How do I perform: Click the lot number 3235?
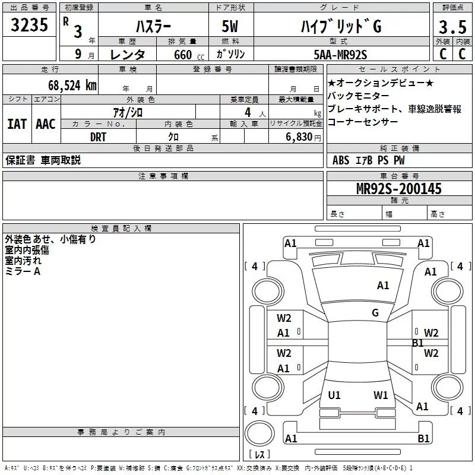coord(29,25)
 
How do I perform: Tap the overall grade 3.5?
coord(452,27)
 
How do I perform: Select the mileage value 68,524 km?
coord(72,85)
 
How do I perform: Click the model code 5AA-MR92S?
coord(340,55)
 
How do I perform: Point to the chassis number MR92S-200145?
coord(399,189)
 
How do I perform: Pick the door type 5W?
coord(230,26)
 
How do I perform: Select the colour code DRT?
coord(98,137)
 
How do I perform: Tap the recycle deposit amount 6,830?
coord(299,137)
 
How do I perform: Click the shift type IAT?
coord(17,124)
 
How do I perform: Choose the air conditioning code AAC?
coord(46,124)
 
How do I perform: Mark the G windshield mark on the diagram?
coord(375,313)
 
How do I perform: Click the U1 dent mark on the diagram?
coord(334,395)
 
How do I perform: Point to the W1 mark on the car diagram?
coord(381,395)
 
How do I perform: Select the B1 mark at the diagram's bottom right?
coord(423,439)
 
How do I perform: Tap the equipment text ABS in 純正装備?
coord(341,160)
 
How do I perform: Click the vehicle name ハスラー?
coord(153,27)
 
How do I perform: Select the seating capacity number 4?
coord(248,112)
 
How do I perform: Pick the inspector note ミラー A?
coord(23,271)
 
